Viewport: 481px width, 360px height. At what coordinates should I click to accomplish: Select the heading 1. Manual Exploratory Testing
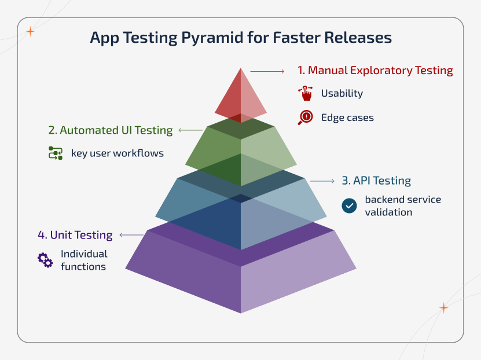[x=375, y=71]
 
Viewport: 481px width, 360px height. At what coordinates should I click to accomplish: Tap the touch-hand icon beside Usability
[x=305, y=93]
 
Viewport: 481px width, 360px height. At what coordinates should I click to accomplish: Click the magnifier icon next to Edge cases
[x=305, y=117]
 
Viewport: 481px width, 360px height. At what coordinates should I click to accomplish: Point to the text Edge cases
[x=347, y=117]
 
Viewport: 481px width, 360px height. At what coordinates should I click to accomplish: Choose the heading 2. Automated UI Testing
[x=111, y=130]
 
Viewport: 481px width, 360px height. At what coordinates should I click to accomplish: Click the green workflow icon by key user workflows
[x=56, y=153]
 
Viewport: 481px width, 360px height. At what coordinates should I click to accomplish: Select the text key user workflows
[x=118, y=153]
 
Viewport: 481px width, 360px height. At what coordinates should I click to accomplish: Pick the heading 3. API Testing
[x=376, y=181]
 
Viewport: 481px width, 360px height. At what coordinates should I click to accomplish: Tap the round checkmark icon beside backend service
[x=349, y=205]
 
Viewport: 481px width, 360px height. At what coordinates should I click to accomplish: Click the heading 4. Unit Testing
[x=75, y=235]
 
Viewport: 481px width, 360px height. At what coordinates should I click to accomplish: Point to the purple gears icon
[x=45, y=260]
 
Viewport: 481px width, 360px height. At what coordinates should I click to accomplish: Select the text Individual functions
[x=84, y=260]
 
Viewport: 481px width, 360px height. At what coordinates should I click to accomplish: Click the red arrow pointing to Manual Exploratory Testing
[x=267, y=71]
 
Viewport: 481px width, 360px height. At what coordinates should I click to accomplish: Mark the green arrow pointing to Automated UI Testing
[x=190, y=130]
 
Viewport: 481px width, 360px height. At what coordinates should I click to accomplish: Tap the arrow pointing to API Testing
[x=322, y=181]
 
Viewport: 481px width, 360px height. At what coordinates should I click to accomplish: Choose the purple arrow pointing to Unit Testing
[x=131, y=235]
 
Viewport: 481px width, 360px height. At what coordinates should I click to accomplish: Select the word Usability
[x=342, y=93]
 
